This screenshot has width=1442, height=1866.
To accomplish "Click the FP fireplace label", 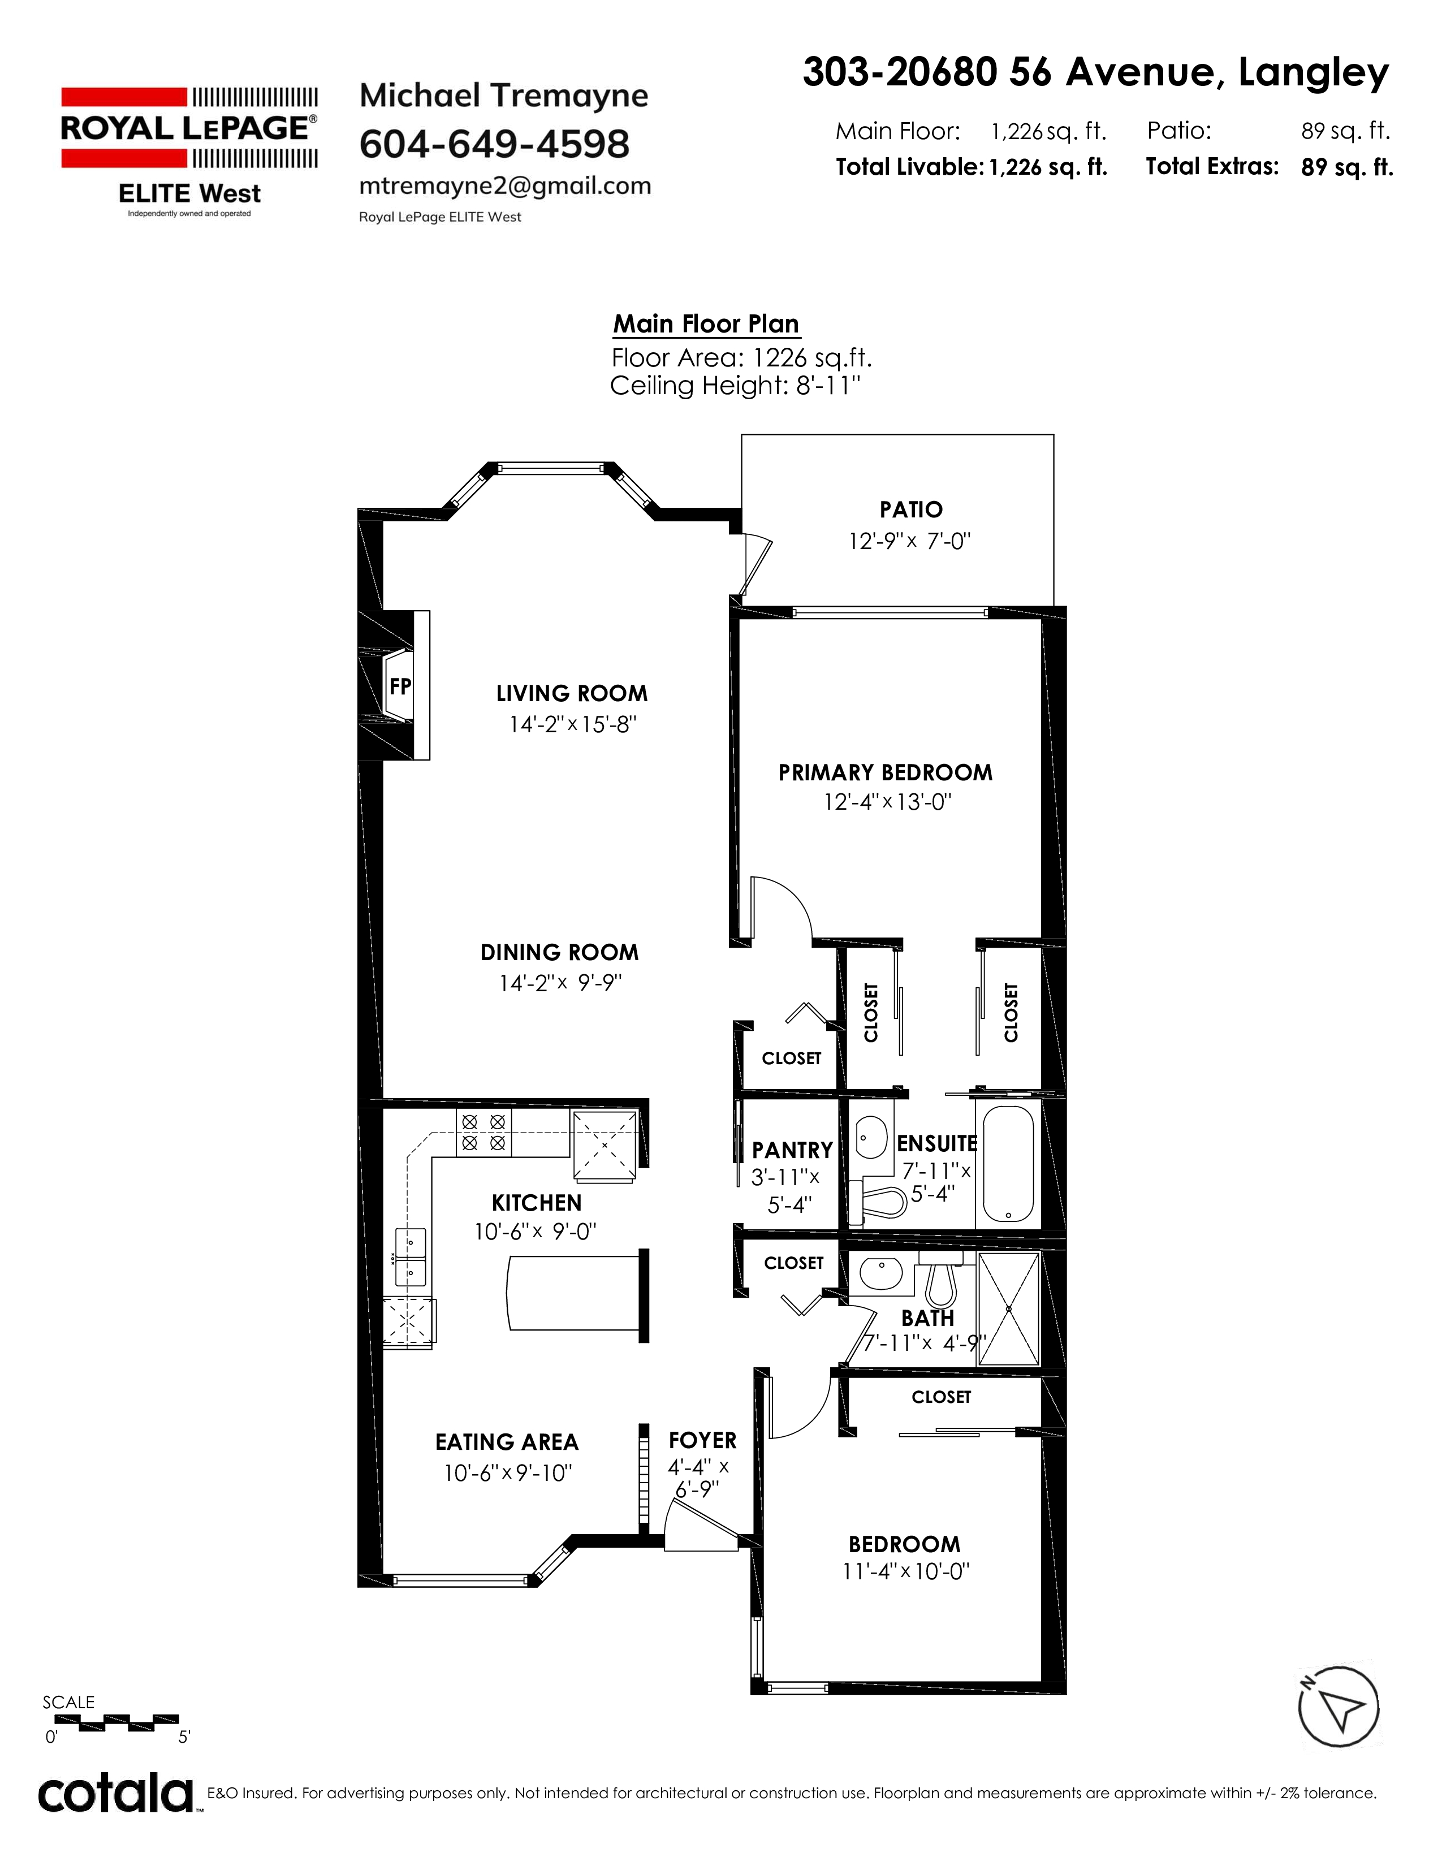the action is click(x=400, y=686).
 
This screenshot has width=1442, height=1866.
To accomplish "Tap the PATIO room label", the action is click(x=910, y=510).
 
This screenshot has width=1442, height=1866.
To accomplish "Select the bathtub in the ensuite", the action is click(x=1008, y=1164).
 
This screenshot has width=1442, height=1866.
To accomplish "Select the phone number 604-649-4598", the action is click(x=495, y=144).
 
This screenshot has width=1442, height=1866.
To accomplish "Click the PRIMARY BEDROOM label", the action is click(x=885, y=773).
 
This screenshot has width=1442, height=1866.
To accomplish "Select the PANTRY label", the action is click(x=792, y=1150).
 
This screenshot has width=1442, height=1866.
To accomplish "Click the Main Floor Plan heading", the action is click(x=706, y=324).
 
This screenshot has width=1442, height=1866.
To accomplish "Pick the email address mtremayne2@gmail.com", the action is click(x=505, y=185).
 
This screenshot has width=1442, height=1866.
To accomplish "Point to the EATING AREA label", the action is click(x=507, y=1442).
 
